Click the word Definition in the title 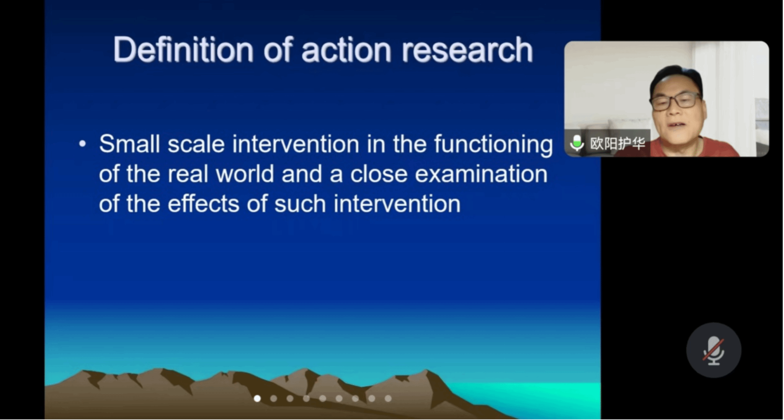(183, 50)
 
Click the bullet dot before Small (82, 144)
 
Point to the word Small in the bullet (129, 144)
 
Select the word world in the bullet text (245, 174)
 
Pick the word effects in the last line (204, 203)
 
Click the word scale (196, 144)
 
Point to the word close (379, 174)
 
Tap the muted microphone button (714, 350)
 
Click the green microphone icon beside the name (577, 143)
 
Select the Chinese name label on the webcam (617, 144)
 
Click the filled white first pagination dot (257, 399)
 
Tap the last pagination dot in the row (388, 399)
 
